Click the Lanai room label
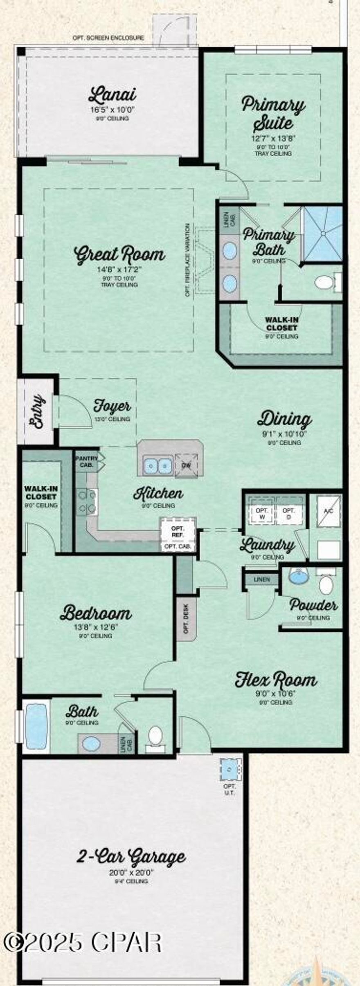click(112, 95)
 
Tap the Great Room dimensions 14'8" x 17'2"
click(119, 270)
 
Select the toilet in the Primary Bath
click(325, 282)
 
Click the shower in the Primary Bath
click(323, 234)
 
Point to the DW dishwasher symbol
click(186, 465)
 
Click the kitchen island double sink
click(157, 465)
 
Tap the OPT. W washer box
click(262, 514)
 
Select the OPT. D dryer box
click(289, 514)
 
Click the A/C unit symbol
click(328, 511)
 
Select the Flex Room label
click(276, 680)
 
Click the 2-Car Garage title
click(131, 856)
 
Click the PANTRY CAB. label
click(86, 462)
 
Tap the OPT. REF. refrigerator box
click(178, 531)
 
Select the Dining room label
click(284, 419)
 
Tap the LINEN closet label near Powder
click(262, 579)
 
